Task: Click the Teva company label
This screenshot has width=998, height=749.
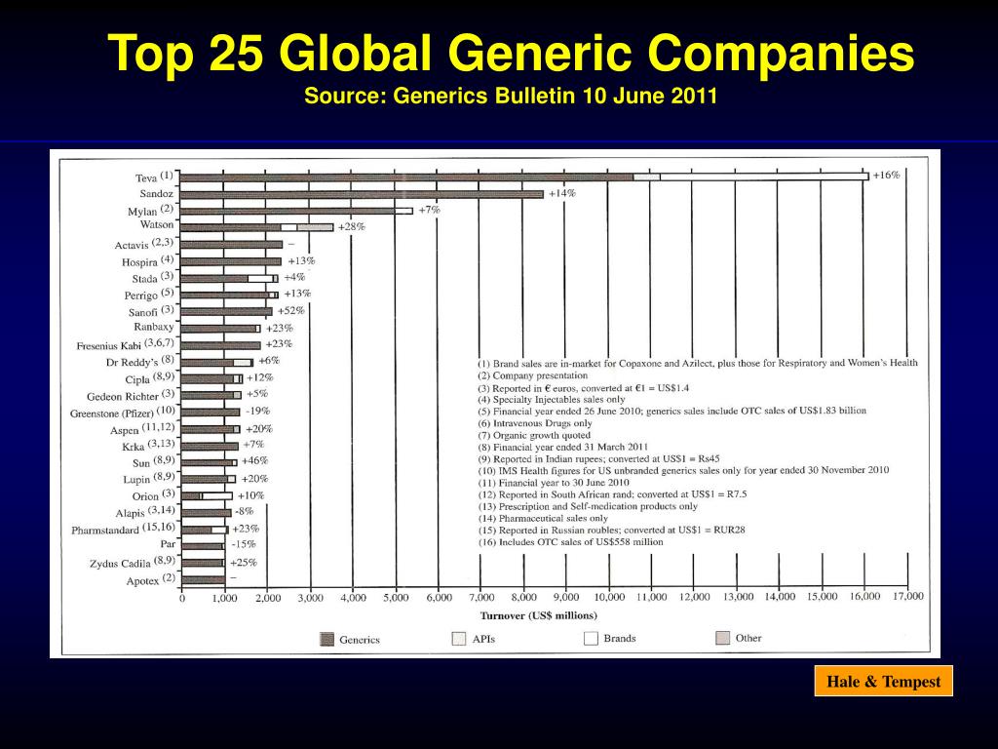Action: (x=145, y=177)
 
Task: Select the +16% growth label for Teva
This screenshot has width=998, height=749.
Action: (x=886, y=175)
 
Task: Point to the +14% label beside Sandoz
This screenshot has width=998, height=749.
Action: (x=561, y=193)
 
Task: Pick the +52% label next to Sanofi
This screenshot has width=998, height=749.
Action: (x=291, y=310)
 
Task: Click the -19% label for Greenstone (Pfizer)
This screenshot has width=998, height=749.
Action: (x=258, y=411)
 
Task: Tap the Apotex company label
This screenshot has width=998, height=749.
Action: (x=142, y=579)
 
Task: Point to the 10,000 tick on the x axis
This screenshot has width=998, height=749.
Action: (x=609, y=597)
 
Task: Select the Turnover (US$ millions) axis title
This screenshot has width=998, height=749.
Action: (x=538, y=615)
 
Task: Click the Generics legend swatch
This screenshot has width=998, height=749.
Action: (x=326, y=640)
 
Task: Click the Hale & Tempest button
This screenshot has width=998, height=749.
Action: (x=883, y=682)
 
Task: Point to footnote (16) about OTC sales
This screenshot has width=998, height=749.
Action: (x=570, y=541)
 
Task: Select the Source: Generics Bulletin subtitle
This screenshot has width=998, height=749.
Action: (x=511, y=97)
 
